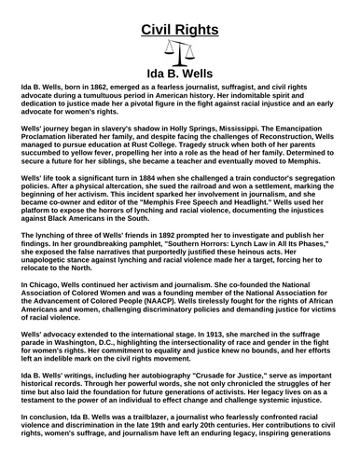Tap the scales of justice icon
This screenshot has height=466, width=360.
click(x=179, y=54)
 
